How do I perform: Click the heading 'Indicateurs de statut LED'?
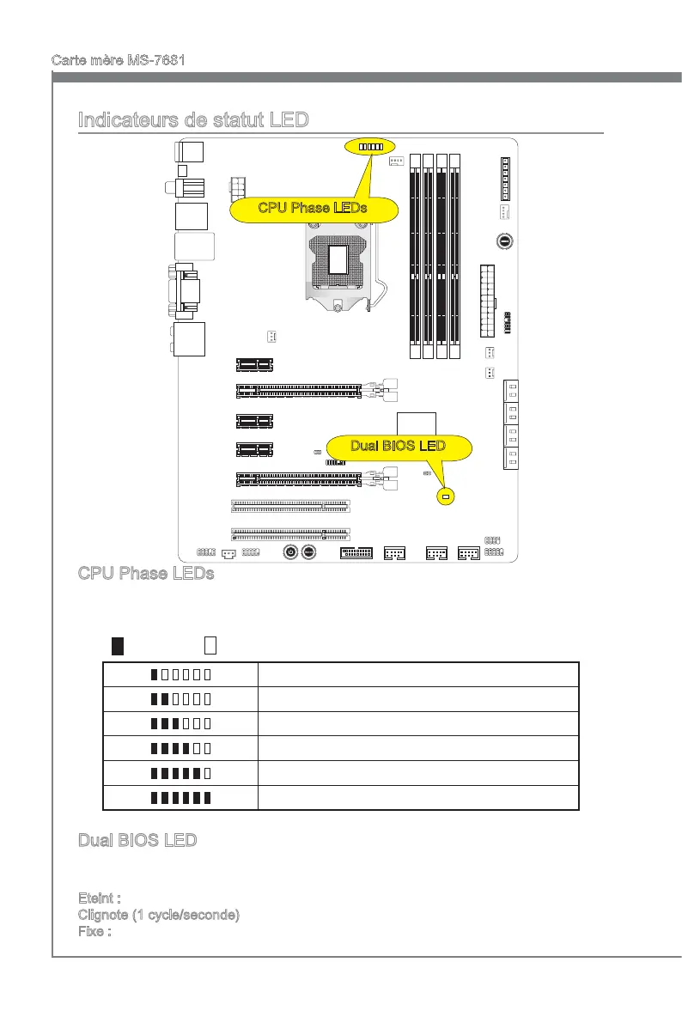tap(192, 120)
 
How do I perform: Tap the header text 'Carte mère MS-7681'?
tap(119, 61)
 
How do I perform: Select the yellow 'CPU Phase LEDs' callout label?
tap(314, 207)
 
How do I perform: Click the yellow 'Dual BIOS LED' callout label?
tap(399, 445)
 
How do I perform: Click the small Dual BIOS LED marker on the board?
tap(445, 497)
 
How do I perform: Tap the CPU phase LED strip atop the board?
tap(371, 146)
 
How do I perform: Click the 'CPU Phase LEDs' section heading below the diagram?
tap(145, 573)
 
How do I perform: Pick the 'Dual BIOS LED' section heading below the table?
tap(137, 840)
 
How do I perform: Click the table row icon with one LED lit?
tap(180, 674)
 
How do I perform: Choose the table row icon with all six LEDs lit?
tap(180, 798)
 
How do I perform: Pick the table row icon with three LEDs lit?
tap(180, 724)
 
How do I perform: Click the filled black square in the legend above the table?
tap(118, 645)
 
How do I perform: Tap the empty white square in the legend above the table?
tap(210, 645)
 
